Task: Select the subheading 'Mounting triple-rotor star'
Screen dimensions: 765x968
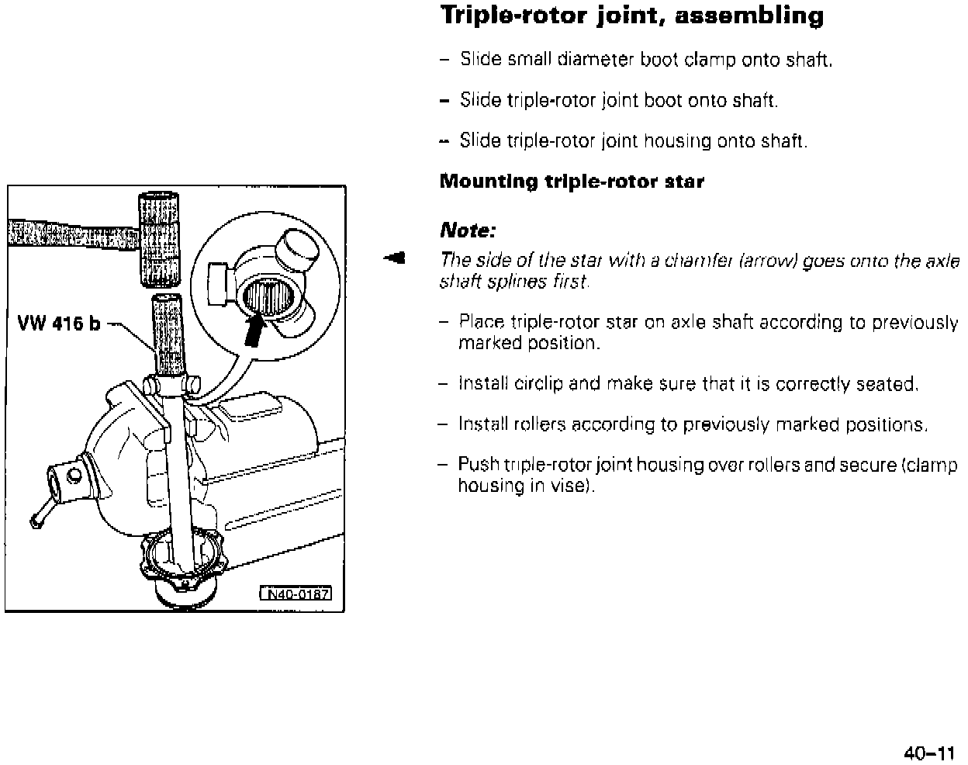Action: click(x=572, y=182)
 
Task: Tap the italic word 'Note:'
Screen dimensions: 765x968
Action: click(x=467, y=230)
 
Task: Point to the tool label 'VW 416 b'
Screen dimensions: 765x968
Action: click(x=58, y=324)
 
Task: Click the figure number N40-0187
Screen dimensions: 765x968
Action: click(x=295, y=594)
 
